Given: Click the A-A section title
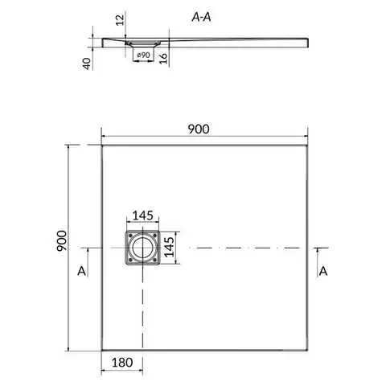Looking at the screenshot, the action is [201, 17].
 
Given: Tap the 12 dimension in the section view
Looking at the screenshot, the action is [121, 20].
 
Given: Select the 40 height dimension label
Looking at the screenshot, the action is [87, 64].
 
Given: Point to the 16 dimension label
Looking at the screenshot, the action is [163, 58].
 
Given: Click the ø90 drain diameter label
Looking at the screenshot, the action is [143, 55].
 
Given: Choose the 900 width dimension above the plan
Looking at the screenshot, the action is [199, 129].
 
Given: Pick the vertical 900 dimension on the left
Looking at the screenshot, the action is [61, 240].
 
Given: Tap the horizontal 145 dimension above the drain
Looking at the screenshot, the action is [143, 216].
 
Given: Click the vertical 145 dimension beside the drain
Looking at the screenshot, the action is [169, 247].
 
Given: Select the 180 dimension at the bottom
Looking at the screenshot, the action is [122, 363].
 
